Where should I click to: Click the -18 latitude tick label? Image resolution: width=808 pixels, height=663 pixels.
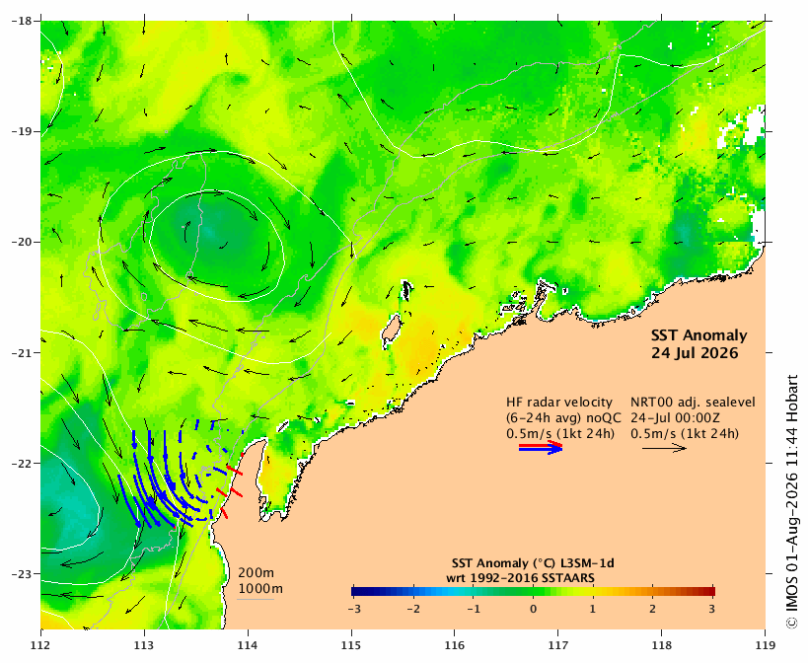pos(22,21)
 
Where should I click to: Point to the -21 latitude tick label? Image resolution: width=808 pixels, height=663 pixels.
pos(22,353)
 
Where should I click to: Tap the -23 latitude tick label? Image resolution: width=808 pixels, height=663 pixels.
pos(22,574)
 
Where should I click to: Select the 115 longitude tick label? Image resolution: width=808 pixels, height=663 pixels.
pos(352,645)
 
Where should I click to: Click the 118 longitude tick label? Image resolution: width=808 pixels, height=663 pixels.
pos(662,645)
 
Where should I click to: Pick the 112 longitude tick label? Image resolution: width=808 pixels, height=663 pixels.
pos(40,645)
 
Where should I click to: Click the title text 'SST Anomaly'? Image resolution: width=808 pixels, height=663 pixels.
pos(698,335)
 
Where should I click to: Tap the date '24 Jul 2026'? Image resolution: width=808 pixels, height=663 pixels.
pos(695,353)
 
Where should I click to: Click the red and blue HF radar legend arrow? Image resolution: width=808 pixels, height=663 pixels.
pos(541,447)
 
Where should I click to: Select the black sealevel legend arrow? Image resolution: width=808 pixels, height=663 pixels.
pos(664,448)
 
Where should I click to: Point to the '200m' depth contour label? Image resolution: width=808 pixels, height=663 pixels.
pos(256,573)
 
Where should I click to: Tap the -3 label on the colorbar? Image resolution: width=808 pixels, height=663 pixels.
pos(353,609)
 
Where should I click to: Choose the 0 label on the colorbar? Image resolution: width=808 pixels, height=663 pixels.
pos(534,609)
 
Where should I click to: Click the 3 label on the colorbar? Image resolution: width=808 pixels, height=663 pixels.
pos(712,609)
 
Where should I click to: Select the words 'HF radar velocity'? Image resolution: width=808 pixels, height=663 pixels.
pos(559,402)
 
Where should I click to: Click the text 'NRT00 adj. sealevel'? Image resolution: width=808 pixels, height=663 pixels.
pos(694,403)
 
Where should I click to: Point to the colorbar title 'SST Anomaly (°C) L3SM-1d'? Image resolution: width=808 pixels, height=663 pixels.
pos(533,563)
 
